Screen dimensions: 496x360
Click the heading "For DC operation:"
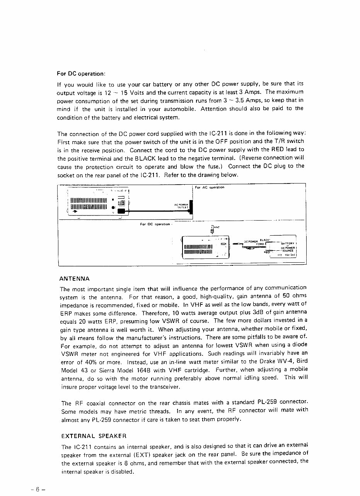(x=81, y=73)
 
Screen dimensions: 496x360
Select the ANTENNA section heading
(x=75, y=278)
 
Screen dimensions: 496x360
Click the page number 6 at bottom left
(x=38, y=488)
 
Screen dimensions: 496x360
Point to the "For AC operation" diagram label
(x=210, y=187)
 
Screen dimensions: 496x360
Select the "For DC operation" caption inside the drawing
(x=155, y=224)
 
